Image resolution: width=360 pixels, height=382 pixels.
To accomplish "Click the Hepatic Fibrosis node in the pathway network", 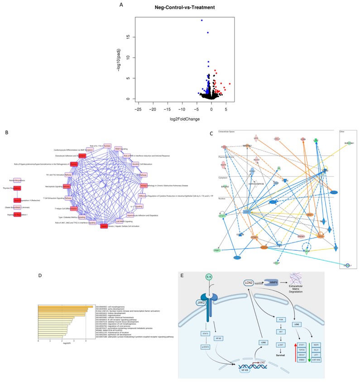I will click(104, 226).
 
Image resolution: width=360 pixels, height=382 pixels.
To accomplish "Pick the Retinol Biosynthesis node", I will click(17, 180).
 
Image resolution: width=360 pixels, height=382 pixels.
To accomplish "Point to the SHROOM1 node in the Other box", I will click(348, 143).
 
